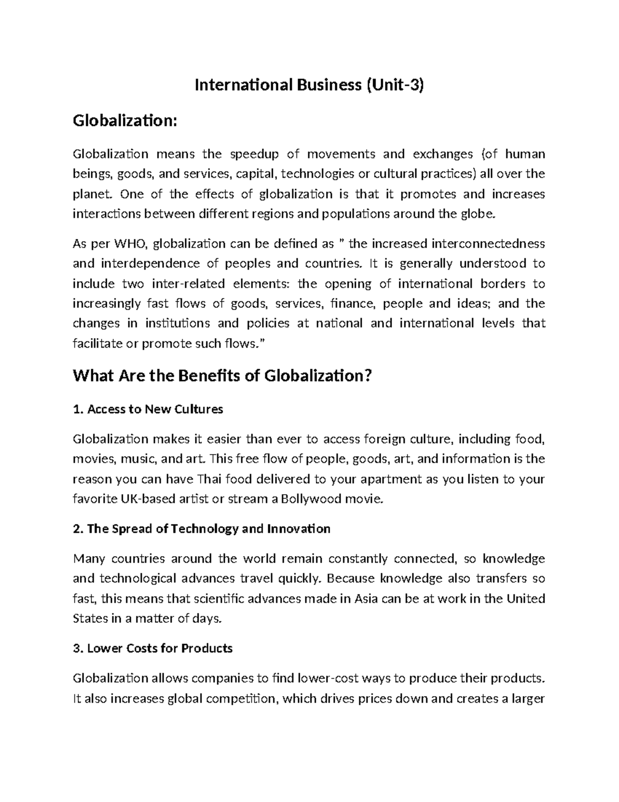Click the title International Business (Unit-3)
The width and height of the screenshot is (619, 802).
click(x=309, y=85)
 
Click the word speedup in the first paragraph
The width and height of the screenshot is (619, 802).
click(x=254, y=154)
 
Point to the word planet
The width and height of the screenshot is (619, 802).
click(x=91, y=194)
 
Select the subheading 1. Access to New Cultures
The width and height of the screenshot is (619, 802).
click(x=148, y=410)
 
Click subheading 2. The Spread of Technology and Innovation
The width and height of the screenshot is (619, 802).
click(x=202, y=529)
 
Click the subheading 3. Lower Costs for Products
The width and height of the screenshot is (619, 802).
click(x=153, y=648)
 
